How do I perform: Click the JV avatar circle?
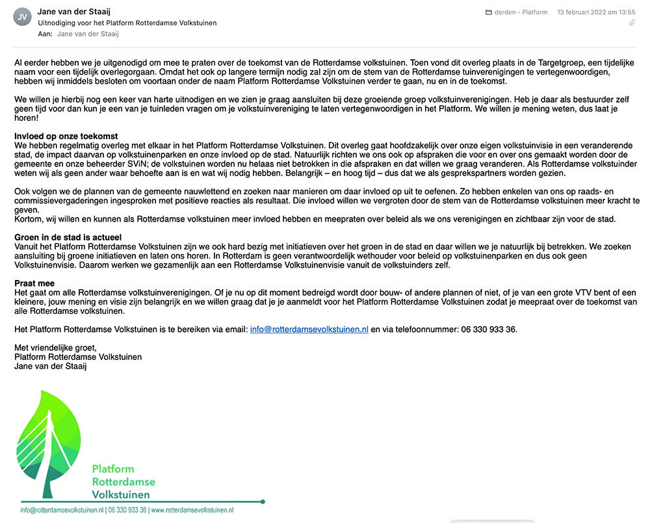point(22,18)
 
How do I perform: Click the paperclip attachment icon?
point(631,23)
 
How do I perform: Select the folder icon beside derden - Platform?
point(489,12)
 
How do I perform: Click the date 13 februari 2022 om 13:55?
point(596,12)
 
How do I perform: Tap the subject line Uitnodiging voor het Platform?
point(127,23)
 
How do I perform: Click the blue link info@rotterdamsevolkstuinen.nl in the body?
point(309,329)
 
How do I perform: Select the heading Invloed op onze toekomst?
point(66,136)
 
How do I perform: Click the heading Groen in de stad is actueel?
point(68,237)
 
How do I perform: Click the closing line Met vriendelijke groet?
point(55,348)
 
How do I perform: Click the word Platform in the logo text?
point(113,468)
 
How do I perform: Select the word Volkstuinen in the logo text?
point(121,494)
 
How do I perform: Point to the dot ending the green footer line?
point(262,502)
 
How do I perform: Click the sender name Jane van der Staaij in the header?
point(75,11)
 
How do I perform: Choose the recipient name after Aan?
point(88,34)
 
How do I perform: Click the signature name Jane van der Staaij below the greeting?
point(51,366)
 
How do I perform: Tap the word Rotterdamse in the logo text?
point(123,481)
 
